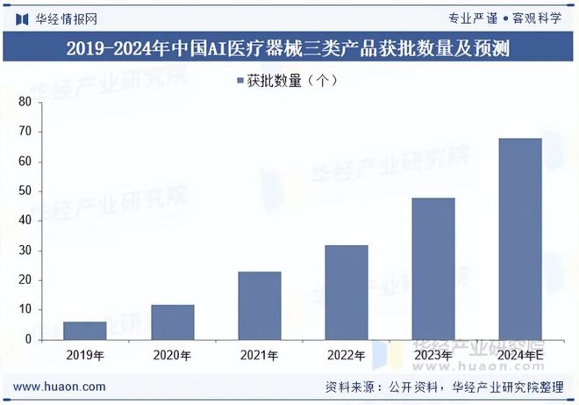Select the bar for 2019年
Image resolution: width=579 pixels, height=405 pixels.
[x=85, y=330]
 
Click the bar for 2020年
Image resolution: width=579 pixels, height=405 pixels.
[x=172, y=322]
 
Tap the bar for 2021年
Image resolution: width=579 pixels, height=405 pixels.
[x=260, y=306]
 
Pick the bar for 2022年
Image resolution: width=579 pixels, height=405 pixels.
[x=347, y=292]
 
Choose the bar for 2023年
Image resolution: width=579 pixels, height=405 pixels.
[x=433, y=268]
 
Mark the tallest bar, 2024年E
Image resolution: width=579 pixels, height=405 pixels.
[x=521, y=238]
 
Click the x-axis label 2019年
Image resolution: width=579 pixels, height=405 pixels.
[x=85, y=355]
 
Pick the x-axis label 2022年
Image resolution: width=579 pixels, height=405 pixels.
[x=347, y=355]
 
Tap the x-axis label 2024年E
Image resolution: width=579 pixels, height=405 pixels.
[x=521, y=355]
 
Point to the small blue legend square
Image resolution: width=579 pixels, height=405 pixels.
[x=239, y=81]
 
